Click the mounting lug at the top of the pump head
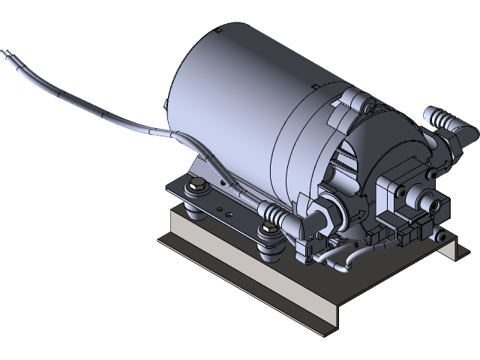coord(352,97)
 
